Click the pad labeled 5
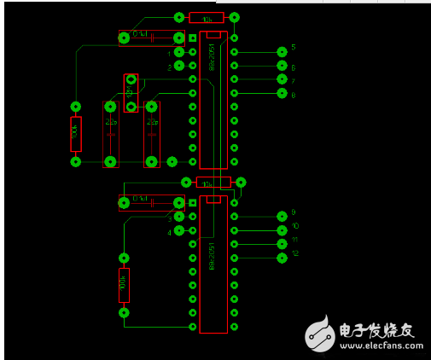click(x=282, y=52)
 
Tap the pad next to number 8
click(x=282, y=93)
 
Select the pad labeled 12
click(x=282, y=258)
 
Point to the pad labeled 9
click(x=282, y=217)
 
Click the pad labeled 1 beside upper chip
click(x=178, y=53)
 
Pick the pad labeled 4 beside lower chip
click(x=178, y=230)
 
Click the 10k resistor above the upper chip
click(x=207, y=17)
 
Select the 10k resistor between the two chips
click(x=213, y=183)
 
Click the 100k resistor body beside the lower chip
click(x=124, y=285)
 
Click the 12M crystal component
click(x=131, y=92)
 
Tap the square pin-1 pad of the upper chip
click(x=193, y=38)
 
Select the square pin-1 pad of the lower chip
click(x=193, y=203)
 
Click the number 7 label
click(x=293, y=81)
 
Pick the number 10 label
click(x=295, y=226)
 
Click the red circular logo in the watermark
click(x=321, y=334)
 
